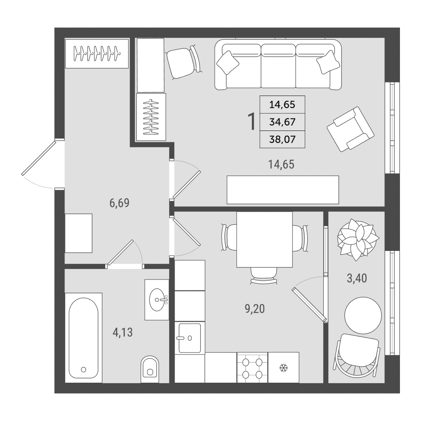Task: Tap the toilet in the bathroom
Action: [x=150, y=369]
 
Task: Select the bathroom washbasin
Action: [x=157, y=300]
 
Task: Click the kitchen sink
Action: [x=189, y=338]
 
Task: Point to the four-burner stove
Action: [x=252, y=368]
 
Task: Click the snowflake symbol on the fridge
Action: [x=283, y=368]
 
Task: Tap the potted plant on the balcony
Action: [x=358, y=239]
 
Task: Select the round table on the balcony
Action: [x=363, y=315]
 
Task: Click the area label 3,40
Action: [x=357, y=278]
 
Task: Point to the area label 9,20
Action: [x=255, y=309]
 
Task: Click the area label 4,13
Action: [x=123, y=333]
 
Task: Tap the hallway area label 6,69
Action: [x=119, y=203]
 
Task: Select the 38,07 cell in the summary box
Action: [x=282, y=139]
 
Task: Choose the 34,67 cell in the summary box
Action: [x=282, y=122]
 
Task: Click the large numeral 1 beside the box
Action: [x=252, y=122]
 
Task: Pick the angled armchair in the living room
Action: [x=350, y=129]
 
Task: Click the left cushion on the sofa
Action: [x=228, y=63]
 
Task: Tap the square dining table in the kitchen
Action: [x=264, y=240]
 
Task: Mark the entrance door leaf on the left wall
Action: [x=39, y=158]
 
